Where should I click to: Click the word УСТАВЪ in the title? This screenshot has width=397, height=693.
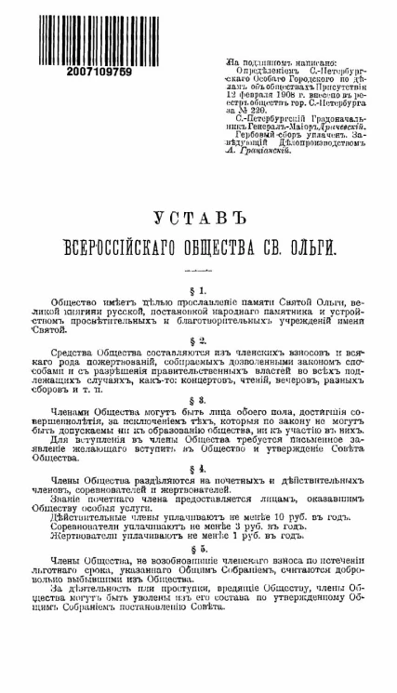(x=197, y=218)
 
